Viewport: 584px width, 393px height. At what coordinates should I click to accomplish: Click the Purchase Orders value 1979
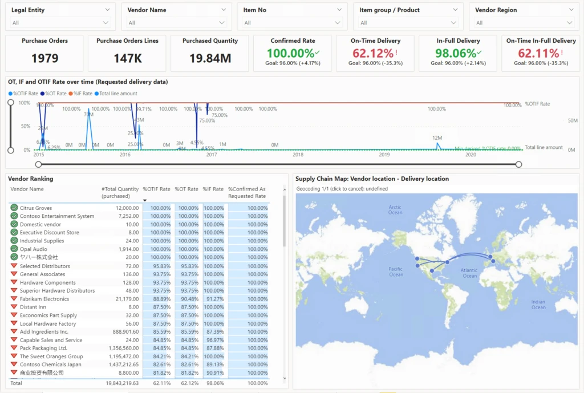(x=44, y=58)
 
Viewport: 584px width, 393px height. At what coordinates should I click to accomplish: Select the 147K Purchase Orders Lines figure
(x=127, y=58)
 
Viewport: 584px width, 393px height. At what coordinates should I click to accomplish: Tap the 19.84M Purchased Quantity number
(x=210, y=58)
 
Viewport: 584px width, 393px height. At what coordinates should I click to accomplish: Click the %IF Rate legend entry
(x=82, y=94)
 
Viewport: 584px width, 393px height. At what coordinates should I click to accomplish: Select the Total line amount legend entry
(x=118, y=94)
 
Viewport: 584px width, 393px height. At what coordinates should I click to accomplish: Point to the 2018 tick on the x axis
(x=298, y=155)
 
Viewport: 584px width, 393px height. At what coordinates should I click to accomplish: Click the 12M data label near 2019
(x=437, y=138)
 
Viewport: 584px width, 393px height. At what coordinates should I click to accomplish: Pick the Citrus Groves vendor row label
(x=36, y=208)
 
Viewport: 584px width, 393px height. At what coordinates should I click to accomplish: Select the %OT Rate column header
(x=186, y=189)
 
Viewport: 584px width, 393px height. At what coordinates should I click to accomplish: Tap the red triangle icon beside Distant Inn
(x=14, y=307)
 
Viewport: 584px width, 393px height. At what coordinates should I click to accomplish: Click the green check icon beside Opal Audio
(x=14, y=249)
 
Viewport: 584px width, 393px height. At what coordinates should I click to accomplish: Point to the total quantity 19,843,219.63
(x=120, y=383)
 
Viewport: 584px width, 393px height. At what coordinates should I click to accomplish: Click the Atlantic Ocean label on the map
(x=469, y=273)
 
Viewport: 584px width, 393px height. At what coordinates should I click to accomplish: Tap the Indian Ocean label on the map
(x=538, y=305)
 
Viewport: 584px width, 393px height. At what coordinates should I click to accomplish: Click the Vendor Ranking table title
(x=31, y=179)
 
